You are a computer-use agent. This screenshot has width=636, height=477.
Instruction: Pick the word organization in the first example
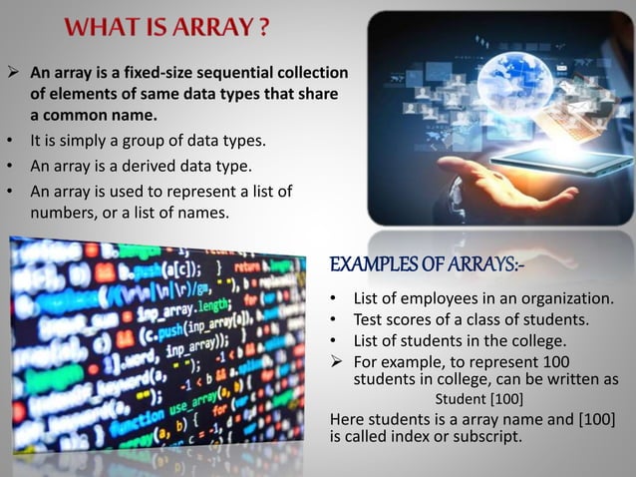(x=567, y=299)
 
